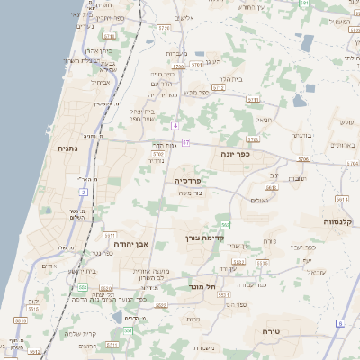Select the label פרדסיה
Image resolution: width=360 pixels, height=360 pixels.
pyautogui.click(x=189, y=181)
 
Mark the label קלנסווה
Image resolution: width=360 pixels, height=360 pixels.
pyautogui.click(x=341, y=220)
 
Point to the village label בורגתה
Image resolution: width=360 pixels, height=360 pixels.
pyautogui.click(x=300, y=135)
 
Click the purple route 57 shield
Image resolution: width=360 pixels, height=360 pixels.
pyautogui.click(x=184, y=142)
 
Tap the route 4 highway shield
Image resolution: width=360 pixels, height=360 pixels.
pyautogui.click(x=176, y=125)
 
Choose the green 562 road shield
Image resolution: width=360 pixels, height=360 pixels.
pyautogui.click(x=225, y=224)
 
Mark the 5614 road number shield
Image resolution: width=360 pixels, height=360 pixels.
pyautogui.click(x=341, y=199)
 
